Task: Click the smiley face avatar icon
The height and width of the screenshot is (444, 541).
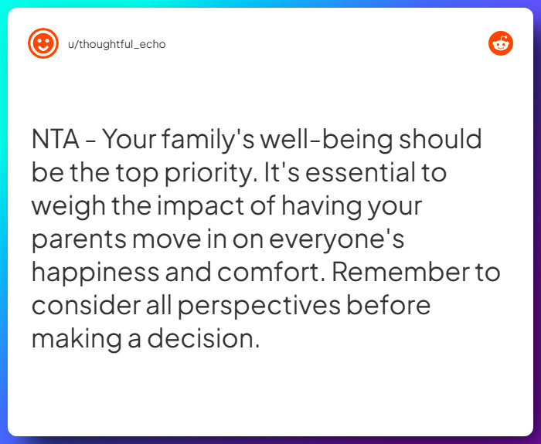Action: tap(43, 43)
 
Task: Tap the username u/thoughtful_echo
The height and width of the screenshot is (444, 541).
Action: tap(117, 44)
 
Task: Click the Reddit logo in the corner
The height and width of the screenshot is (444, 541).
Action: tap(501, 43)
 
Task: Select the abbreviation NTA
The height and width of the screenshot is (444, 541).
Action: tap(56, 140)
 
